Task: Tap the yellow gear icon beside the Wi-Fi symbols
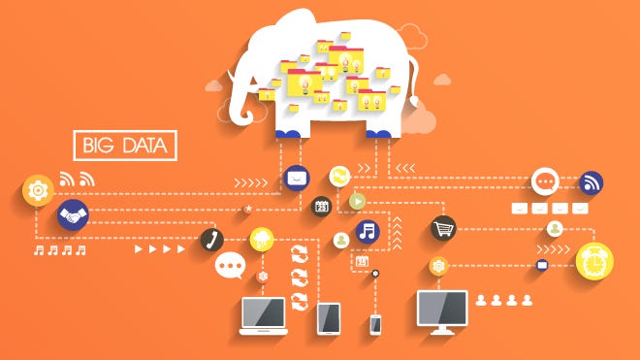[38, 190]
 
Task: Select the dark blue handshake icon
[71, 214]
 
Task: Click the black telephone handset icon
[211, 240]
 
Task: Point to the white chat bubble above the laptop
[230, 265]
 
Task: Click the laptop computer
[264, 315]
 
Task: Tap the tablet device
[329, 317]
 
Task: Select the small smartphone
[375, 324]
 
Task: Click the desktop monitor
[442, 311]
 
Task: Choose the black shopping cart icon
[443, 229]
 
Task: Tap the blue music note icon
[367, 231]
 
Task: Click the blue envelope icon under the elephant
[297, 178]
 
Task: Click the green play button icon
[358, 202]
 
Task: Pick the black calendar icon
[321, 206]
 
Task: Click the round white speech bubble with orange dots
[545, 181]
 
